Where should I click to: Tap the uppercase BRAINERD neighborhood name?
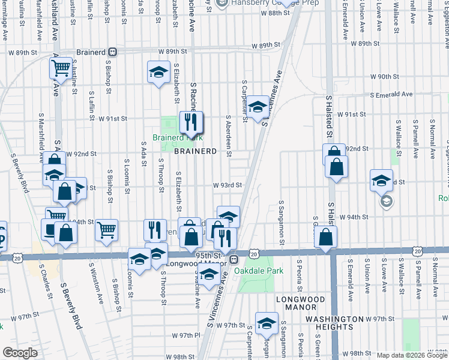click(x=194, y=151)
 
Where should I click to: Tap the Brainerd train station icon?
click(x=113, y=52)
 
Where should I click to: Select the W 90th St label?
click(x=385, y=77)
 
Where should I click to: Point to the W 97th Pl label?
click(x=185, y=337)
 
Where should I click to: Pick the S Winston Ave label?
click(x=92, y=280)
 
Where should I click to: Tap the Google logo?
click(x=20, y=353)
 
